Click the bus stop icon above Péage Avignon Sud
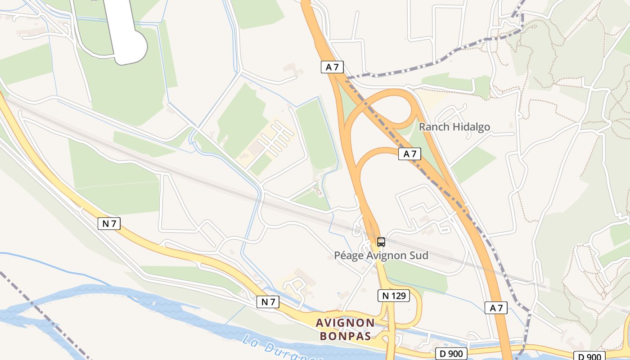pos(381,242)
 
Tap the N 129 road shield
pos(393,296)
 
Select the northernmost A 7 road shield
pos(333,67)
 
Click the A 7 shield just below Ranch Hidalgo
pos(409,154)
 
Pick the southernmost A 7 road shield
pos(496,308)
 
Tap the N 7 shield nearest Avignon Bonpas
pos(268,301)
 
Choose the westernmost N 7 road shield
pos(109,223)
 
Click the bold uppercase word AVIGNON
pos(345,323)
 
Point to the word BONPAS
pos(346,336)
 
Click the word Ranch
pos(434,127)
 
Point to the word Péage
pos(348,256)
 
